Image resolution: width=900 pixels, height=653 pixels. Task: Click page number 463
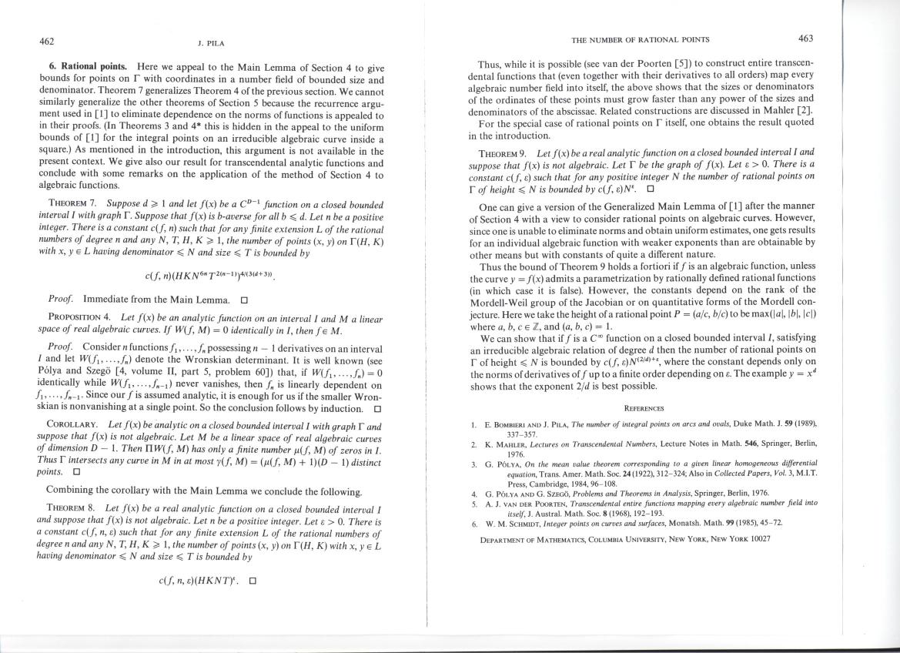[806, 38]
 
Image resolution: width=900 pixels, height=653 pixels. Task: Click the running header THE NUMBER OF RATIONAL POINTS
[639, 39]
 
